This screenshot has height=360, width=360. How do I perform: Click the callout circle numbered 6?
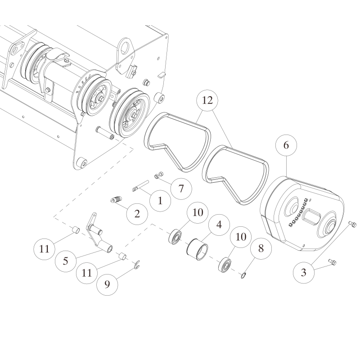click(x=286, y=145)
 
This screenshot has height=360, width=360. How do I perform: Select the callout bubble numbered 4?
click(x=219, y=225)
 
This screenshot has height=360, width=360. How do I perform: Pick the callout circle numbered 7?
click(x=180, y=188)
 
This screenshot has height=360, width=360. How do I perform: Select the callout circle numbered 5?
click(x=66, y=261)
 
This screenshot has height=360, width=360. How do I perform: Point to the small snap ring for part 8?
click(x=243, y=274)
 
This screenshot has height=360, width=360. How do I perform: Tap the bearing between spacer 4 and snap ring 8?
click(x=225, y=264)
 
